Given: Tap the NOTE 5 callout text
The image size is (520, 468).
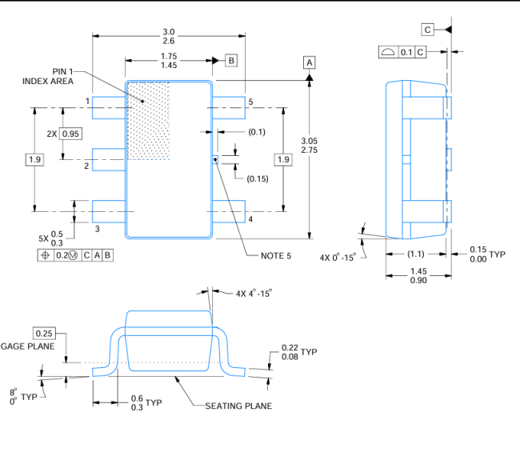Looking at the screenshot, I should pyautogui.click(x=277, y=256).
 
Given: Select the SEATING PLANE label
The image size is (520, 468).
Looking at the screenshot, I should pyautogui.click(x=238, y=406).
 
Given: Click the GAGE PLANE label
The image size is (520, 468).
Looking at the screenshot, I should pyautogui.click(x=28, y=346).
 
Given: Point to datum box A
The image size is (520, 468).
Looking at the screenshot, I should pyautogui.click(x=310, y=62).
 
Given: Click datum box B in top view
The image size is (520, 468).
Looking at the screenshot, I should pyautogui.click(x=230, y=60).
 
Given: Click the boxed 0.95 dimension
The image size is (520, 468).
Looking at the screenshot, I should pyautogui.click(x=71, y=134).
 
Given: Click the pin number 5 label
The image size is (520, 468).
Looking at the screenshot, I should pyautogui.click(x=250, y=102).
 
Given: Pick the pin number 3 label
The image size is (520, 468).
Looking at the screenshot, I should pyautogui.click(x=97, y=230).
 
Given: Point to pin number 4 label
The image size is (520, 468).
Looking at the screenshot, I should pyautogui.click(x=250, y=219).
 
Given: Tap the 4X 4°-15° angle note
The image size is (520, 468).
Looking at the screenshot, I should pyautogui.click(x=254, y=294).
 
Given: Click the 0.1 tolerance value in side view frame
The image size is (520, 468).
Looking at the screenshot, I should pyautogui.click(x=406, y=52).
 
